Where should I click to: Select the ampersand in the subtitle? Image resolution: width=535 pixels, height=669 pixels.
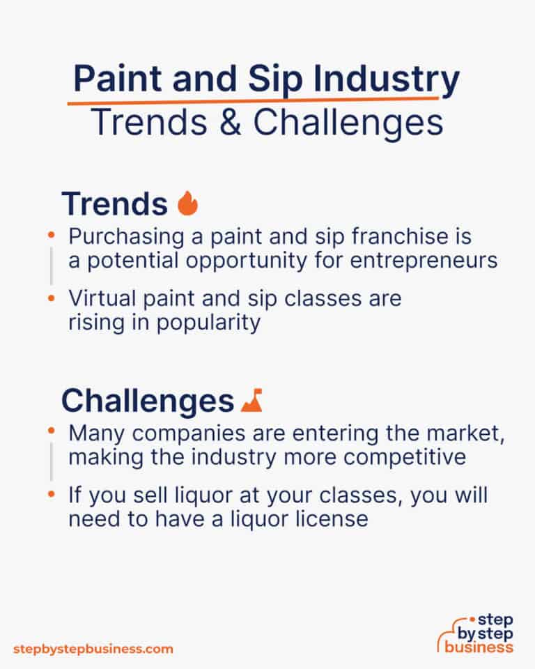227,123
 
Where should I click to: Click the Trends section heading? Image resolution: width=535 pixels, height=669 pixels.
114,203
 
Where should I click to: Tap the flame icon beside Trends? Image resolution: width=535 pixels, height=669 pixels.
187,203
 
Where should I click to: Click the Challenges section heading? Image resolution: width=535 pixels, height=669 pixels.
147,401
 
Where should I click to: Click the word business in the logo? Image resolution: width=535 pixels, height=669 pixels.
481,647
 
